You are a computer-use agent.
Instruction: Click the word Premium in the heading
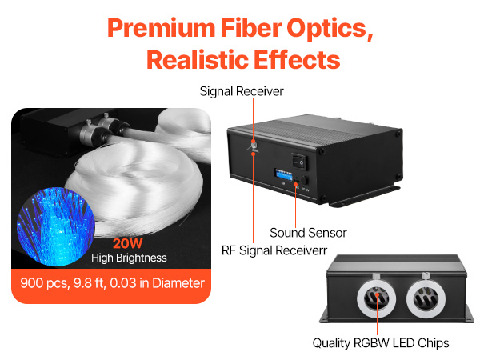click(162, 29)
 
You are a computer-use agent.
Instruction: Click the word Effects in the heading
click(297, 60)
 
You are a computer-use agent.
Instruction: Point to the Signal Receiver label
click(242, 91)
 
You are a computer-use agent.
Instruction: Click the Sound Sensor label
click(308, 233)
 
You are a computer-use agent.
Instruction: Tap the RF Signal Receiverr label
click(274, 250)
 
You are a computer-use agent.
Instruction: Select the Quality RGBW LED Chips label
click(381, 343)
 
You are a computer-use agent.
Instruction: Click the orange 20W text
click(128, 244)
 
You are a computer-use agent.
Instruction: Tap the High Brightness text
click(129, 258)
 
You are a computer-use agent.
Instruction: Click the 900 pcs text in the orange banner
click(44, 283)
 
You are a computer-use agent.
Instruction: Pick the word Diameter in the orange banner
click(178, 283)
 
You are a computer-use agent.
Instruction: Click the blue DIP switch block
click(283, 174)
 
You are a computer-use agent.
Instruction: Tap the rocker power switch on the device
click(299, 161)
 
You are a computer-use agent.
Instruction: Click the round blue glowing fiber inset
click(56, 226)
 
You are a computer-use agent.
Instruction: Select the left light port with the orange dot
click(376, 298)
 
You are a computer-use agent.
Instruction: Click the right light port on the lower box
click(426, 298)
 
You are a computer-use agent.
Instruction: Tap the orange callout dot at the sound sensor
click(295, 184)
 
